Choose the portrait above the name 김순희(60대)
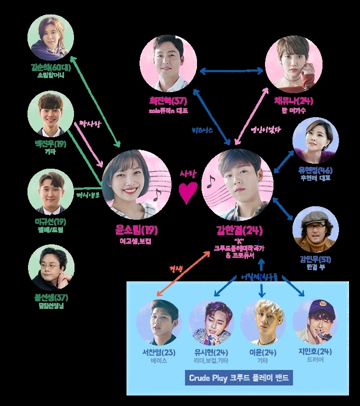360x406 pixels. click(x=50, y=38)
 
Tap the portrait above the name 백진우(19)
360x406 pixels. click(x=50, y=114)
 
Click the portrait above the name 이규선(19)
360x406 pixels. click(x=50, y=192)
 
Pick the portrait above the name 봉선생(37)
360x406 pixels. click(x=50, y=268)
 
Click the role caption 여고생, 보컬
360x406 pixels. click(x=135, y=241)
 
